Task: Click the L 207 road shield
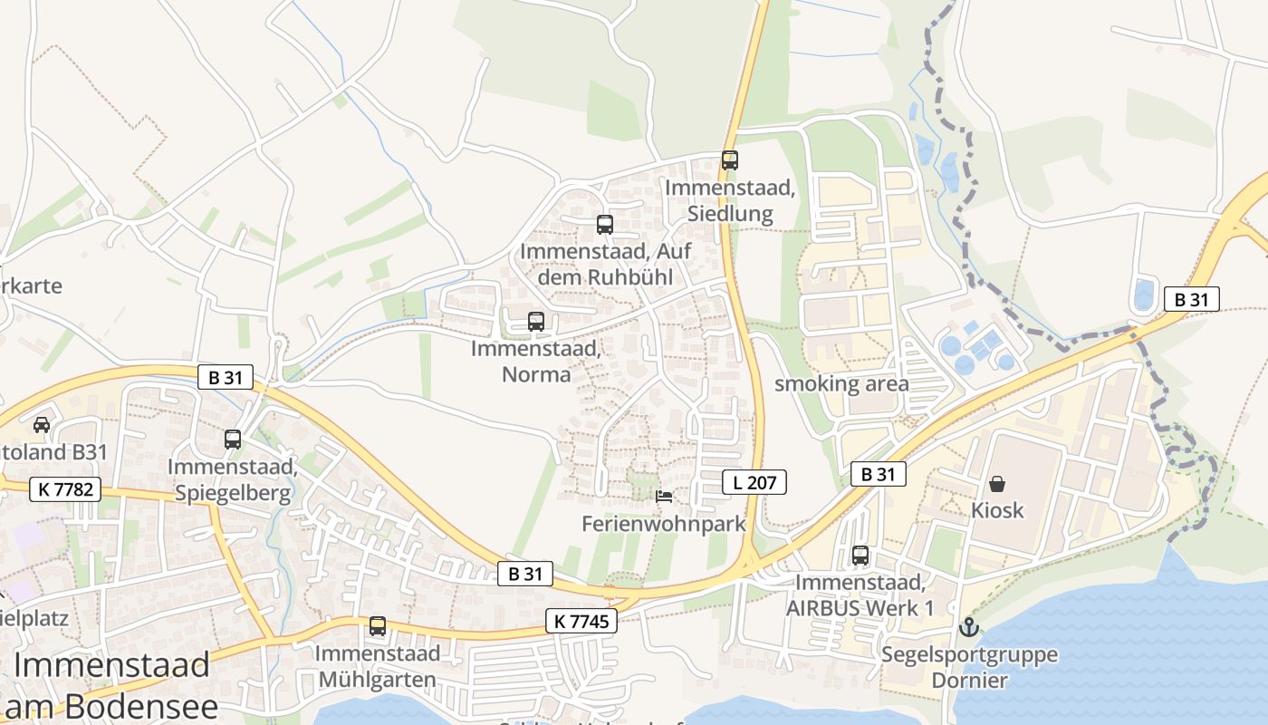tap(754, 482)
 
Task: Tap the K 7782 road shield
tap(64, 489)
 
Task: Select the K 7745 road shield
tap(581, 621)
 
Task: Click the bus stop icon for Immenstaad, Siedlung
tap(729, 160)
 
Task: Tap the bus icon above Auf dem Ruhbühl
tap(604, 225)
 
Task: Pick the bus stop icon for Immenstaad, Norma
tap(535, 321)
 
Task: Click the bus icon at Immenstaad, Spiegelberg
tap(233, 440)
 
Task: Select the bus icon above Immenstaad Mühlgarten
tap(377, 625)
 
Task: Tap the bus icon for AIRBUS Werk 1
tap(860, 556)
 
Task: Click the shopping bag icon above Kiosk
tap(996, 484)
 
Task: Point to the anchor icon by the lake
tap(968, 626)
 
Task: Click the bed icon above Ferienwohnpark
tap(664, 497)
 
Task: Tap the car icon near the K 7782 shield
tap(41, 424)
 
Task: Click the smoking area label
tap(841, 383)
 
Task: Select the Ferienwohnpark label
tap(664, 524)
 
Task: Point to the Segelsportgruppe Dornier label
tap(969, 666)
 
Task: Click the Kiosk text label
tap(997, 510)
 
